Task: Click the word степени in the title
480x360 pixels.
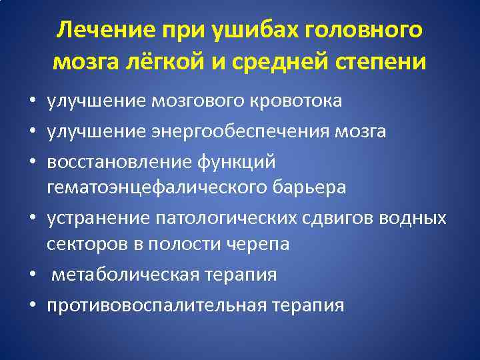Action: pyautogui.click(x=381, y=61)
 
